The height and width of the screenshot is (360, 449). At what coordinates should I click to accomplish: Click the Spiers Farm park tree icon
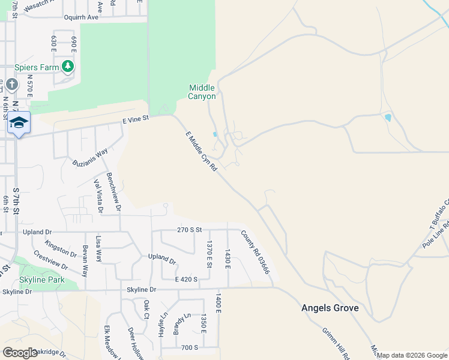pyautogui.click(x=68, y=67)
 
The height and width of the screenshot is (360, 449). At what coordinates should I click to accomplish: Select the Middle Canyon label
pyautogui.click(x=202, y=92)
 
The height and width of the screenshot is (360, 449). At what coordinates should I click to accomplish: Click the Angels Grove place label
pyautogui.click(x=330, y=308)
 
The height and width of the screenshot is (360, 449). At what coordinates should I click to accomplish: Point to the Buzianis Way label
pyautogui.click(x=90, y=157)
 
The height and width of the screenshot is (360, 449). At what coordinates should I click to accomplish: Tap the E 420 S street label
pyautogui.click(x=186, y=279)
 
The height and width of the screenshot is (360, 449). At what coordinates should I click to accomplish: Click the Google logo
pyautogui.click(x=20, y=353)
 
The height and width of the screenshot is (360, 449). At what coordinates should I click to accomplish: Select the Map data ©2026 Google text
pyautogui.click(x=412, y=355)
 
